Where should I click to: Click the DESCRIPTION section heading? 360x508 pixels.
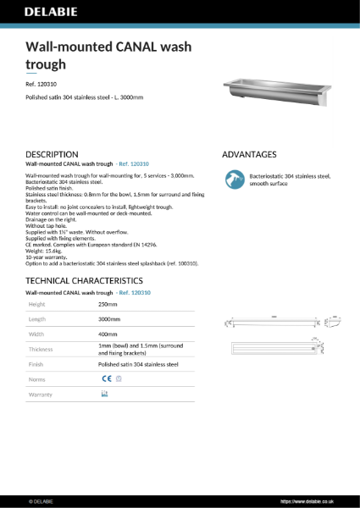point(53,155)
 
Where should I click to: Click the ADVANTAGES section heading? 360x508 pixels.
point(249,155)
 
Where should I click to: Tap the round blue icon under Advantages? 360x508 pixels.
point(233,179)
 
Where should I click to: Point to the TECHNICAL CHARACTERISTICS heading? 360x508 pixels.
point(84,280)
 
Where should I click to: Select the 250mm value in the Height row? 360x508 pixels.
point(108,304)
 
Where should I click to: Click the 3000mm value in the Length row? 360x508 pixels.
point(110,319)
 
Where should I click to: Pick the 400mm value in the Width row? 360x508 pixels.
point(108,334)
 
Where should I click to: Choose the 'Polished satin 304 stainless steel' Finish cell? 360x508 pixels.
point(138,365)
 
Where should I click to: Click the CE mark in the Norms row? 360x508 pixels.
point(106,380)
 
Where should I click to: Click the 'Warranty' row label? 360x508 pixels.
point(42,395)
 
